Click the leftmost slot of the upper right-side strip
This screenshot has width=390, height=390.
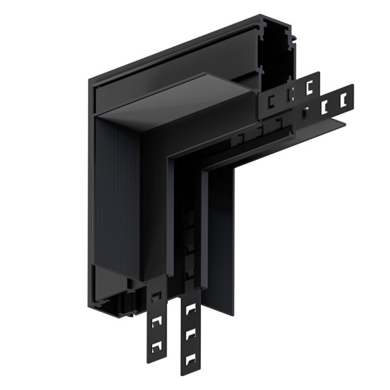tap(272, 102)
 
